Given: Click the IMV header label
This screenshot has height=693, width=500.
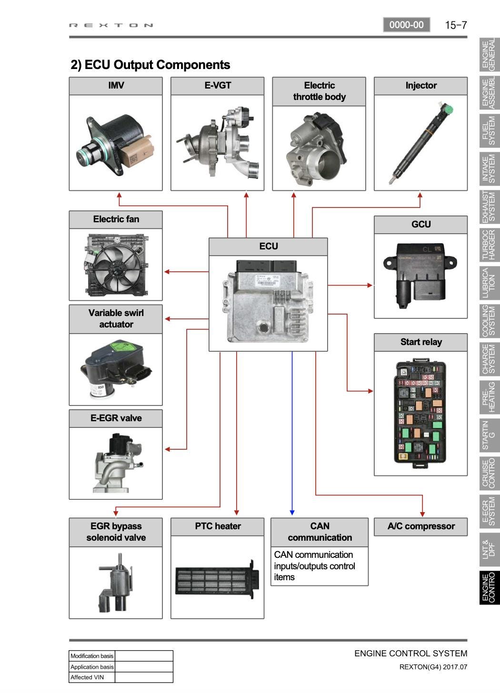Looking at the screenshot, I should [x=116, y=86].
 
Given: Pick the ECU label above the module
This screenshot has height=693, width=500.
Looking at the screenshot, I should [x=268, y=246].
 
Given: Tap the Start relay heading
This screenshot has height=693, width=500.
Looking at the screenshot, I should [x=421, y=342].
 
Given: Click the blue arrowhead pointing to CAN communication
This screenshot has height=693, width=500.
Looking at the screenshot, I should [x=292, y=512].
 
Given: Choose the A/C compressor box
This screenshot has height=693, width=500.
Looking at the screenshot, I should [x=420, y=526].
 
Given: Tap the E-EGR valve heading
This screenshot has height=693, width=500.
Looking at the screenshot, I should [x=116, y=418].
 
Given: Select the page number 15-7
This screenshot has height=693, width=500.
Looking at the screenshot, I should [x=456, y=25].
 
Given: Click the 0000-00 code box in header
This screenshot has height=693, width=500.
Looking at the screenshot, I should [x=406, y=25].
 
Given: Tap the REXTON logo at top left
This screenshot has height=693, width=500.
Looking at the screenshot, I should [x=111, y=25].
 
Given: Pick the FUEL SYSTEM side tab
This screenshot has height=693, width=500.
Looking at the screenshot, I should [x=489, y=130].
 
